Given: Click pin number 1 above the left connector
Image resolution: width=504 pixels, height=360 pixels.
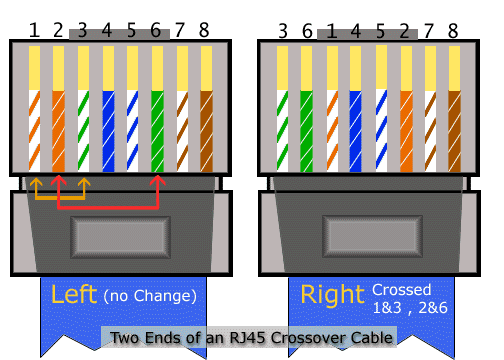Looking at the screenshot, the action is point(34,30).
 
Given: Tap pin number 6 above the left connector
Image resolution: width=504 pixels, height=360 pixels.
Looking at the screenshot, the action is point(156,30).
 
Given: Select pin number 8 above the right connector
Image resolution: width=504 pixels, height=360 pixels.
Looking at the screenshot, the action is point(453,31).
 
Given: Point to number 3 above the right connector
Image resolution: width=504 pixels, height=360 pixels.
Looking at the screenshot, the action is point(283,31).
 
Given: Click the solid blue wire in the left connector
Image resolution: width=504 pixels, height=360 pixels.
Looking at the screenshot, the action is point(108,131).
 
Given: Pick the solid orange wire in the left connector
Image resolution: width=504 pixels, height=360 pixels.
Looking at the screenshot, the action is point(58,131).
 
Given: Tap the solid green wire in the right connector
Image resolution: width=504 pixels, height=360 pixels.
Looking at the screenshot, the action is point(306,131).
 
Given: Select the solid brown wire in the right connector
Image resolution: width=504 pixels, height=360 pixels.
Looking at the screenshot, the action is point(454,131).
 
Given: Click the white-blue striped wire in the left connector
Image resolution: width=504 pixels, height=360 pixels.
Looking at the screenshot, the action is point(132,131).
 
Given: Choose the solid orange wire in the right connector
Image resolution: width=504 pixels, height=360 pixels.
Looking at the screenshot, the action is point(406,131).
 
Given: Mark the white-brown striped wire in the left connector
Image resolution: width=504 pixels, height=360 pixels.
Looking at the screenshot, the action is point(182,131).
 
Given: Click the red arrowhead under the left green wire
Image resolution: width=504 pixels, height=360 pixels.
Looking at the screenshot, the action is point(157,180).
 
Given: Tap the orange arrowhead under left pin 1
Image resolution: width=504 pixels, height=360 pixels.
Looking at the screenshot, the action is point(36,182).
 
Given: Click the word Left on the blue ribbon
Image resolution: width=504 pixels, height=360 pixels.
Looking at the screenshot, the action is point(74,294).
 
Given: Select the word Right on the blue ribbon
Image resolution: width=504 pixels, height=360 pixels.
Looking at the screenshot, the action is point(332,295).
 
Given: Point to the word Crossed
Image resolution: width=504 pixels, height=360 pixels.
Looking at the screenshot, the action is point(402,290).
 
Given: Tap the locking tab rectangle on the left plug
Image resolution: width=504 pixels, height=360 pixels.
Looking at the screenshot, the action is point(120,237).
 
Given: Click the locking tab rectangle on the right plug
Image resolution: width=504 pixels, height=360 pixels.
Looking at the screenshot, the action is point(372,237).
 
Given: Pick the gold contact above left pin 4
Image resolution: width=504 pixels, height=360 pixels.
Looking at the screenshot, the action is point(108,68).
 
